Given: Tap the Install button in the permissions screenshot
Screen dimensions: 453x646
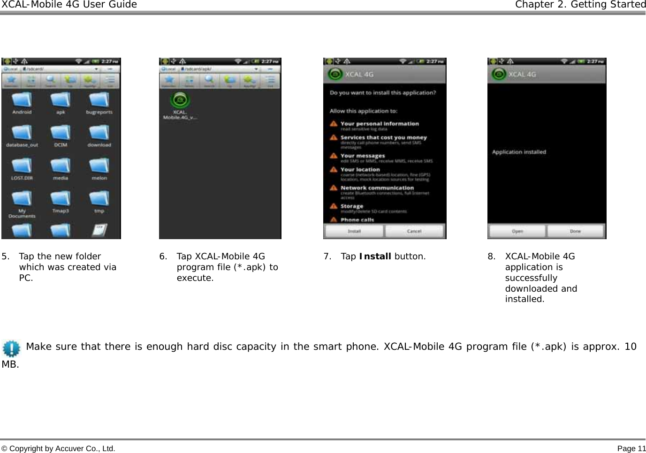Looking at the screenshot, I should click(x=354, y=231).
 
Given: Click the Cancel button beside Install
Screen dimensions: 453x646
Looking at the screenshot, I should click(x=414, y=231).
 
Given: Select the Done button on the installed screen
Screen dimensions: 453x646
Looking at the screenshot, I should click(x=575, y=231).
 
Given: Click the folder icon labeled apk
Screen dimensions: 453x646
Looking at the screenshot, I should click(x=61, y=100).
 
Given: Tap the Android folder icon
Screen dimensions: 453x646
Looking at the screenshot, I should click(x=22, y=100).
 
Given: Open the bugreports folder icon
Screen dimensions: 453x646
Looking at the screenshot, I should click(x=99, y=100).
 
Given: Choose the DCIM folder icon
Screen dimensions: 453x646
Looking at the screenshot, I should click(x=61, y=133).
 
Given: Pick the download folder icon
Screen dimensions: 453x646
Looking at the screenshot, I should click(x=99, y=133).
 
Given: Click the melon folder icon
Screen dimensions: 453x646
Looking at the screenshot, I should click(x=99, y=166).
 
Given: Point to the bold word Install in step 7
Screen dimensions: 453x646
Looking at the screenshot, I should click(x=375, y=257).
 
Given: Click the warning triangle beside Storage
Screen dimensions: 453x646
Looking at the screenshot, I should click(x=334, y=206).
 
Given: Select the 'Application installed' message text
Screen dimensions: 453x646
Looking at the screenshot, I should click(x=519, y=152).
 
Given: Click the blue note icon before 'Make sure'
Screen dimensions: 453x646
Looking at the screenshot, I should click(x=11, y=348).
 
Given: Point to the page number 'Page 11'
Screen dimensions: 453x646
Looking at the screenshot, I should click(x=631, y=449).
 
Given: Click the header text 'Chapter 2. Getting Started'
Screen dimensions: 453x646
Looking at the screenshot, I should click(x=580, y=5).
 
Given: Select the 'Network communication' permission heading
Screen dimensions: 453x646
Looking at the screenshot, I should click(x=377, y=188).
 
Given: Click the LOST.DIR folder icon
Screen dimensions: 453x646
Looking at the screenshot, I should click(x=22, y=166).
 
